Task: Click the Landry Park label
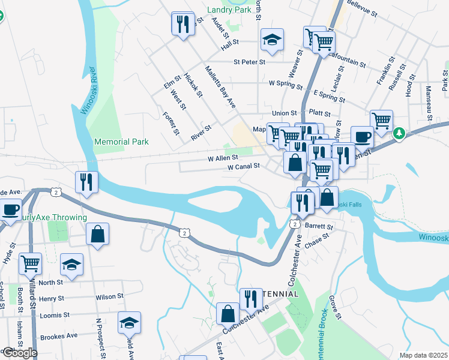pos(229,10)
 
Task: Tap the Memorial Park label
pos(121,142)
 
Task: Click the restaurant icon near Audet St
pos(183,25)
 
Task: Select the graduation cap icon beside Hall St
pos(272,40)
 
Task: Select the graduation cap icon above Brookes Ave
pos(129,323)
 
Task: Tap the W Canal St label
pos(243,166)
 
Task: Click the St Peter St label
pos(249,61)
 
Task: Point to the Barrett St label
pos(318,227)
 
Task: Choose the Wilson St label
pos(109,296)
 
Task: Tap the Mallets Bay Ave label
pos(220,88)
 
